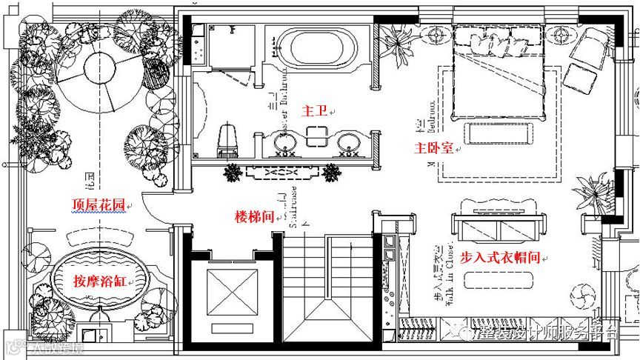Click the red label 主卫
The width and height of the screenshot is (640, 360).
(x=312, y=110)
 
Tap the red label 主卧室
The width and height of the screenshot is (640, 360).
(x=433, y=148)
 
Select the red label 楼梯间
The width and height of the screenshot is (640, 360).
(x=254, y=216)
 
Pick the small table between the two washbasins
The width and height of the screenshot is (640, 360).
(x=317, y=136)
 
